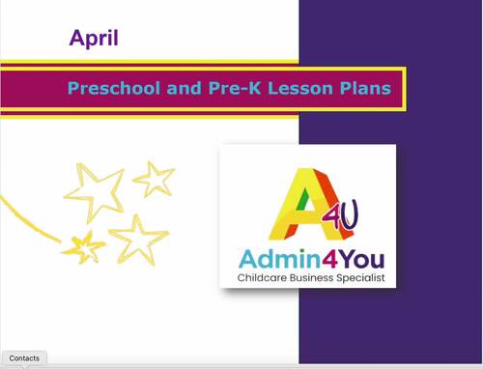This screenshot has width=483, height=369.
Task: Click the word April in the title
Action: pyautogui.click(x=94, y=39)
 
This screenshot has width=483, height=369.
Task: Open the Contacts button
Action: pyautogui.click(x=24, y=358)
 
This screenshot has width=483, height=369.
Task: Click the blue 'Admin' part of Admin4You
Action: pyautogui.click(x=271, y=259)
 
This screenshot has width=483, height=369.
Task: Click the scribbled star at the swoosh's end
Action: pyautogui.click(x=84, y=246)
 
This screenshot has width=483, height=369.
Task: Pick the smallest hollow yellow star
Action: pyautogui.click(x=154, y=179)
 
